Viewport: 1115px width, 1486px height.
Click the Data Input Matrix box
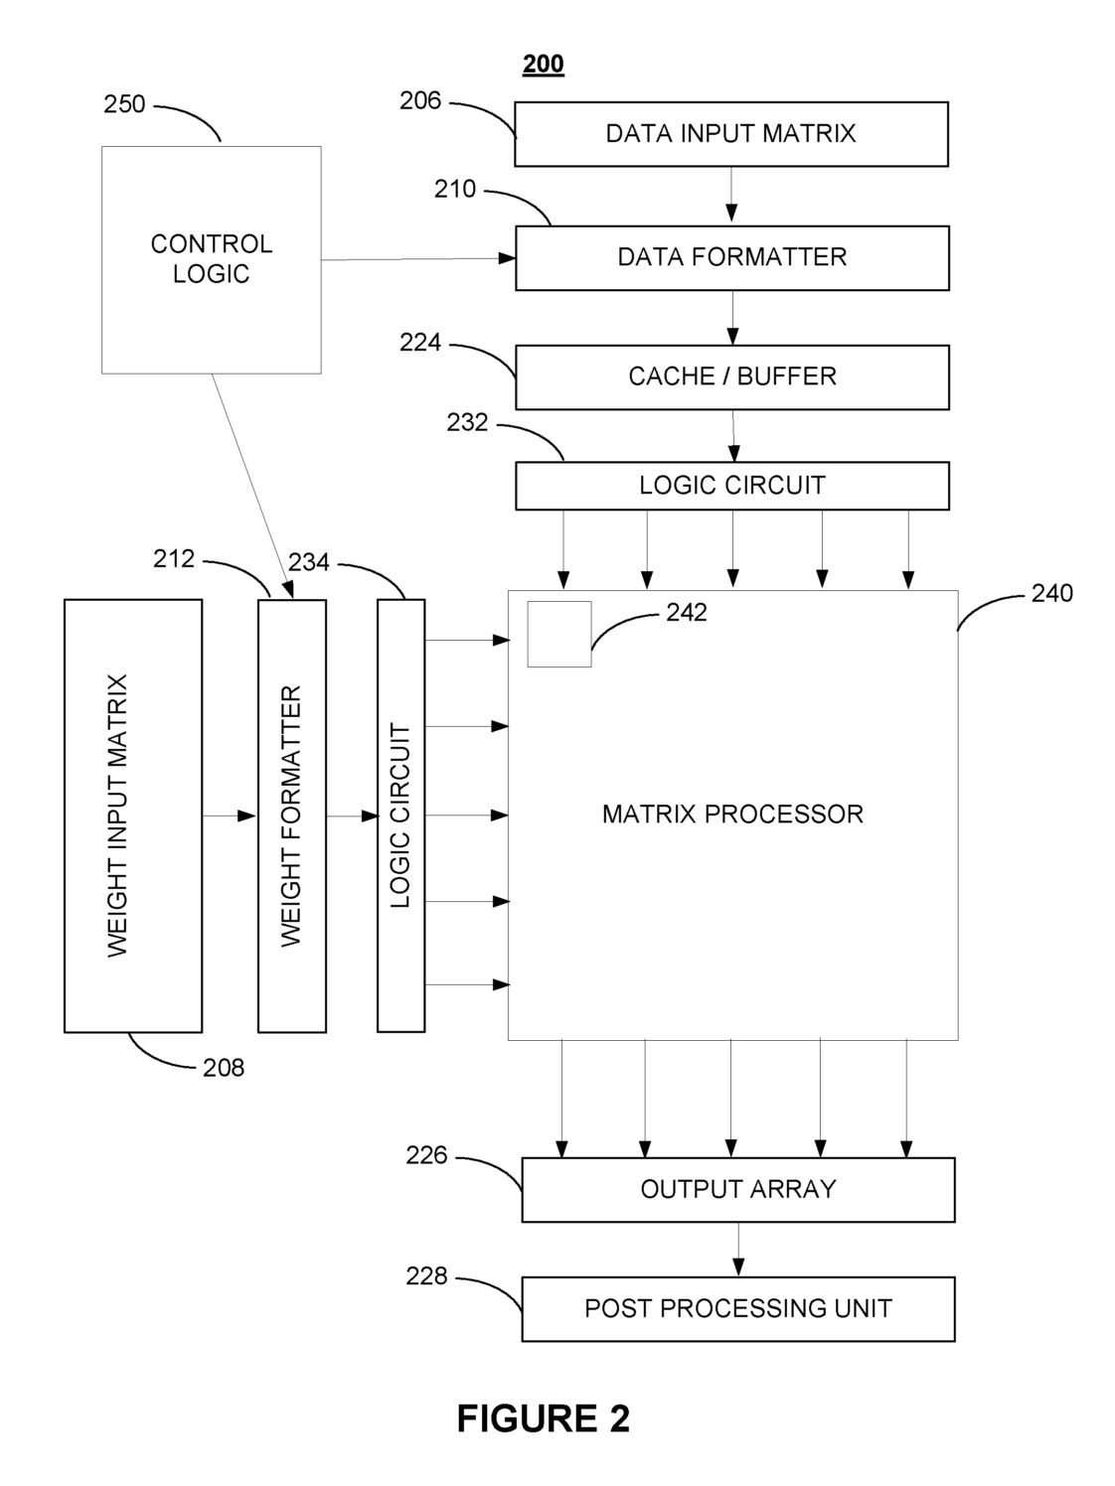coord(731,134)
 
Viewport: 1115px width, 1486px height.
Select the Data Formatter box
coord(731,258)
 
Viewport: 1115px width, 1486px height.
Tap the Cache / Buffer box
coord(731,377)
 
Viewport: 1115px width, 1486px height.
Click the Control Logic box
coord(212,260)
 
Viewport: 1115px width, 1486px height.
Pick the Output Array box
coord(738,1189)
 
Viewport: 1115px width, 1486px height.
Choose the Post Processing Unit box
coord(738,1308)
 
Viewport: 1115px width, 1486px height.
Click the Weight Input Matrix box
coord(133,816)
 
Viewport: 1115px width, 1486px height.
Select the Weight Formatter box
coord(292,816)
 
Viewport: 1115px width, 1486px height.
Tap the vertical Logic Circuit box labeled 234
coord(400,816)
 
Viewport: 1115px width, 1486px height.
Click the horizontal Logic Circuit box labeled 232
coord(731,486)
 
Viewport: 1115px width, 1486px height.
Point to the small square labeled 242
coord(559,634)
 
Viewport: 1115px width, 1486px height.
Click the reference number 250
coord(124,104)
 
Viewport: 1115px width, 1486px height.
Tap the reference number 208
coord(224,1068)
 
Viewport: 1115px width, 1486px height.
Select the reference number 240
coord(1052,593)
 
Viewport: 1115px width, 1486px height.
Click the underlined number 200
coord(543,65)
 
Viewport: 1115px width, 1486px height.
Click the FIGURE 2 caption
coord(543,1417)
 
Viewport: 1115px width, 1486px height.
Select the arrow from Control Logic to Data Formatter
coord(417,259)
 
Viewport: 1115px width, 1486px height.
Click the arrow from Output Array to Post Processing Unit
coord(738,1249)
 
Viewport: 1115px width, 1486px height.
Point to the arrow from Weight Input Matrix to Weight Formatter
coord(230,816)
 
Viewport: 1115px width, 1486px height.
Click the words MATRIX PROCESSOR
coord(732,814)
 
